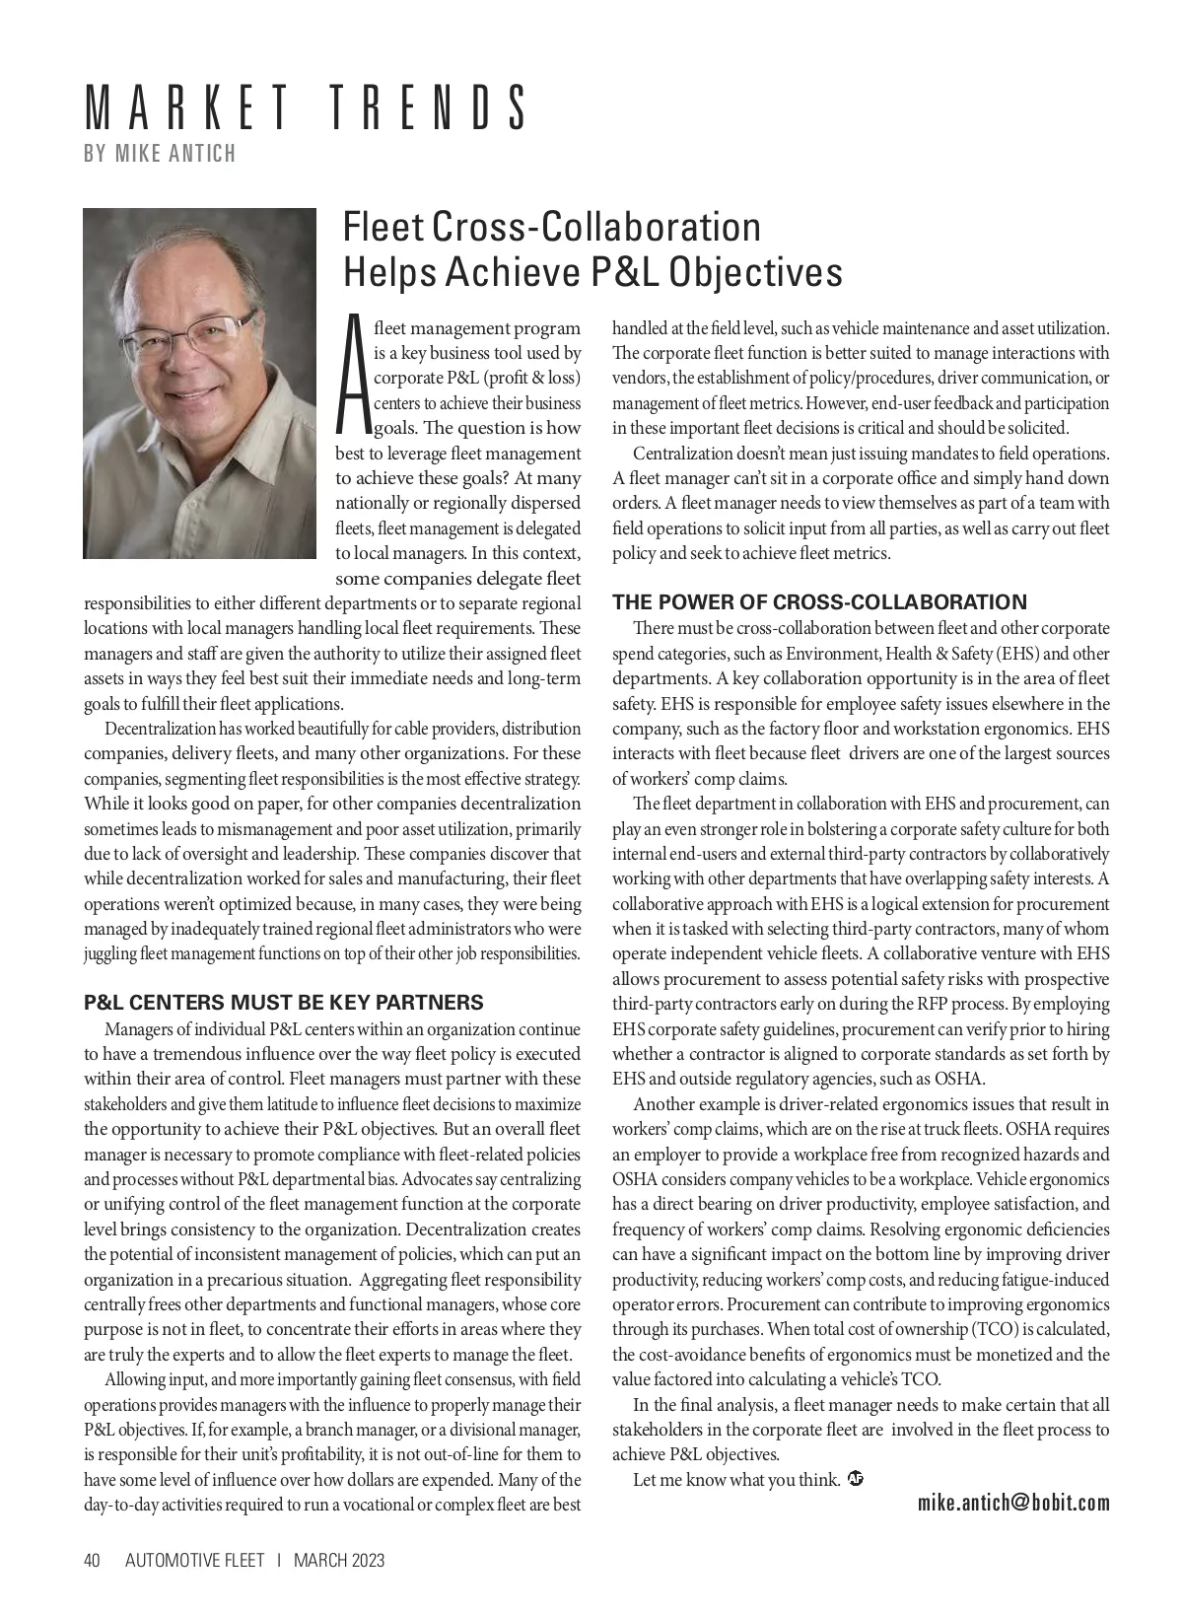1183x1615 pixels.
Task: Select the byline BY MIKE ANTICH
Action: click(161, 153)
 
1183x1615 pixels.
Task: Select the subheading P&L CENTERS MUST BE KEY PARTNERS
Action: click(284, 1003)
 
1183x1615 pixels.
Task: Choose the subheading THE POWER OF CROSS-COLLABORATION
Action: click(819, 601)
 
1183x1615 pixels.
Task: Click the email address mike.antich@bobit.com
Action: click(1012, 1503)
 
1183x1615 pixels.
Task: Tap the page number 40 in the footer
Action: click(93, 1560)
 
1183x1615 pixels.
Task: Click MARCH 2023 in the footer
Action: click(339, 1560)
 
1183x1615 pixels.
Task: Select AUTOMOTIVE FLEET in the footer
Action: click(195, 1560)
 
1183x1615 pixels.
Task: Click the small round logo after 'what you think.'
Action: click(856, 1478)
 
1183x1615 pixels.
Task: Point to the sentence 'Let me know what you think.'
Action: click(736, 1479)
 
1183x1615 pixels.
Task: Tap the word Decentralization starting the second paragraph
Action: click(160, 729)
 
